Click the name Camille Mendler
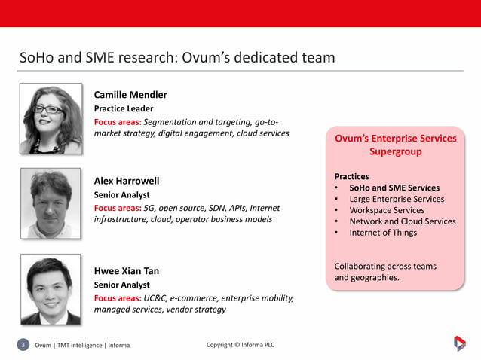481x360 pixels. coord(130,95)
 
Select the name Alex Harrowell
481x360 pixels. coord(127,181)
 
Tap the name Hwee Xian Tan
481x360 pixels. coord(126,271)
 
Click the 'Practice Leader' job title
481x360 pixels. coord(123,108)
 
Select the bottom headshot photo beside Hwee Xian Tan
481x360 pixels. coord(51,289)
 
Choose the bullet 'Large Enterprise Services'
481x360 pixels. coord(397,199)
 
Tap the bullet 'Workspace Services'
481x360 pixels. coord(387,210)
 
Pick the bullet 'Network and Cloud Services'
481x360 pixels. coord(403,221)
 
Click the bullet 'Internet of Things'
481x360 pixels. coord(383,233)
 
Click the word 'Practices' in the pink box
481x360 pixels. coord(351,176)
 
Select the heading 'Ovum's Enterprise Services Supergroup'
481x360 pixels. coord(395,145)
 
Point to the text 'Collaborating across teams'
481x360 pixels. coord(384,266)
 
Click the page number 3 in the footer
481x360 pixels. coord(23,345)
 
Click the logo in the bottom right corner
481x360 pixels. coord(459,343)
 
